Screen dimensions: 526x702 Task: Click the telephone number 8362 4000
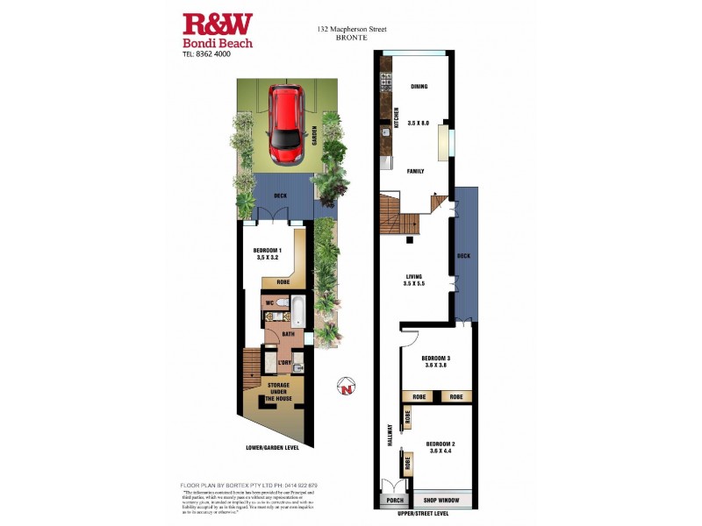[211, 53]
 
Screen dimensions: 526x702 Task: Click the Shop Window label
[442, 501]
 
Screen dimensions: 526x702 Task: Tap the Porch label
[394, 501]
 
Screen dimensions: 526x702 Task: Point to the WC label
[271, 304]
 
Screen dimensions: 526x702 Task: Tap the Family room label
[416, 172]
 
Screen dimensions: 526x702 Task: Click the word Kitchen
[397, 118]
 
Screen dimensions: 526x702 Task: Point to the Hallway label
[390, 437]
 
